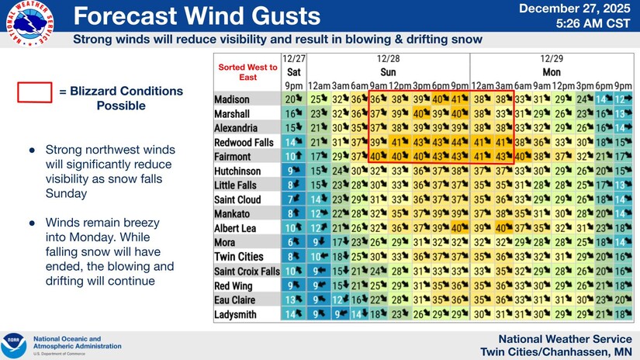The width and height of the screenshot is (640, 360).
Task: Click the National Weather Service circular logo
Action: (x=29, y=23)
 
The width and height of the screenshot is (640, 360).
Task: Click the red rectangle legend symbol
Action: (x=34, y=92)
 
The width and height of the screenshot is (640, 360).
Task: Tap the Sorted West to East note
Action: (x=248, y=72)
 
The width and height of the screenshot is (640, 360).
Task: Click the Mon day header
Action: (x=552, y=71)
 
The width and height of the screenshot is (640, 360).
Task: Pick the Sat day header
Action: (x=293, y=71)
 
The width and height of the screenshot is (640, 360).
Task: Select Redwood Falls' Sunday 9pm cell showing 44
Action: (x=459, y=143)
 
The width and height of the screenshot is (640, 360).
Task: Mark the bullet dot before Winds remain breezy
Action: (x=32, y=222)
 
